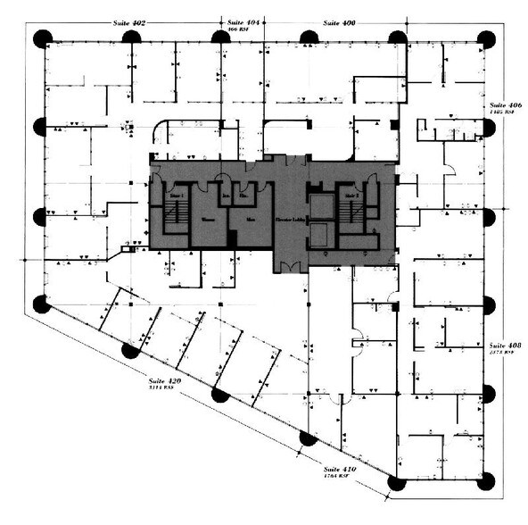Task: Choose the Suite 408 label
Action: pyautogui.click(x=504, y=345)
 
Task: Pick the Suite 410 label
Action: pyautogui.click(x=339, y=470)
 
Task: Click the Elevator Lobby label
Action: pyautogui.click(x=289, y=218)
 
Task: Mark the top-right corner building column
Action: pyautogui.click(x=487, y=38)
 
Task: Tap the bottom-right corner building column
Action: pyautogui.click(x=487, y=482)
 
